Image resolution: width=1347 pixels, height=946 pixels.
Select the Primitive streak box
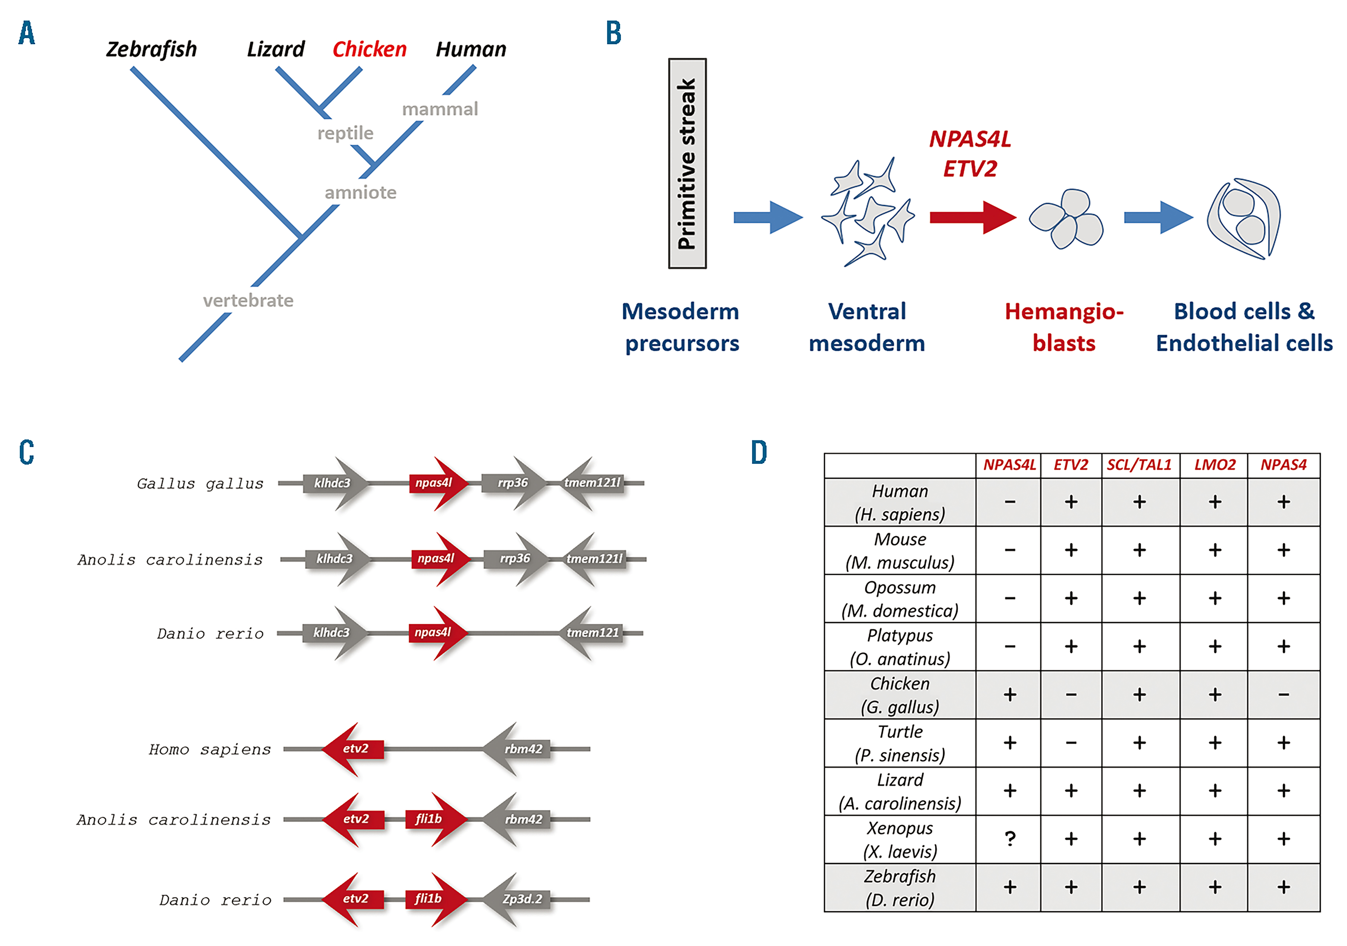click(687, 164)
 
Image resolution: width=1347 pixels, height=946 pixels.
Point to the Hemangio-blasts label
click(1064, 327)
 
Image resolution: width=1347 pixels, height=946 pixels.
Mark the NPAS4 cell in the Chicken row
click(1283, 695)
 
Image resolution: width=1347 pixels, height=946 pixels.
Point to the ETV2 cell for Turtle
click(1071, 743)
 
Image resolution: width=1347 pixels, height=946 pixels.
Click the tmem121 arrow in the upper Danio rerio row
click(593, 633)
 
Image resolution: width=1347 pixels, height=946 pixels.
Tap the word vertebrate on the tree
click(248, 301)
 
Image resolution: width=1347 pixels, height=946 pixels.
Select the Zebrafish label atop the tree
click(151, 49)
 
